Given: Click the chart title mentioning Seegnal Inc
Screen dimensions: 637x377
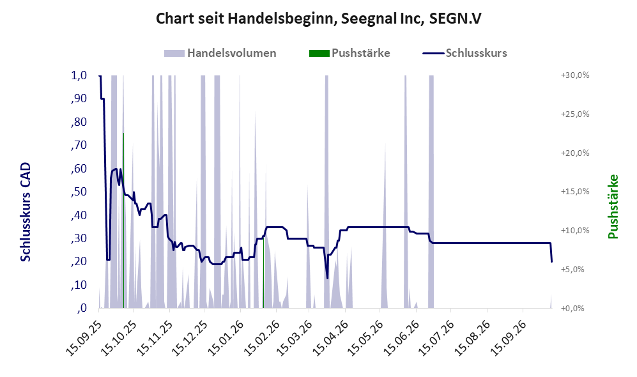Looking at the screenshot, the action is [x=318, y=19].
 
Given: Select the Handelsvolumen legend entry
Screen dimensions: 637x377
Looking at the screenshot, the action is [x=220, y=53].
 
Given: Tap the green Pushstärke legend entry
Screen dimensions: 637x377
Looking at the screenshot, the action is [x=349, y=53].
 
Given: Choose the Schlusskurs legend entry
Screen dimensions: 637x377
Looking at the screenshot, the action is [x=464, y=53].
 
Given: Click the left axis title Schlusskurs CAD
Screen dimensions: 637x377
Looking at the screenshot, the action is [x=26, y=212].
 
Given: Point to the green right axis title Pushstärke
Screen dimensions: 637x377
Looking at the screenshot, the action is [x=613, y=207].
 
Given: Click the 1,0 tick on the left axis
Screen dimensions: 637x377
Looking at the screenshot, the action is [x=79, y=75].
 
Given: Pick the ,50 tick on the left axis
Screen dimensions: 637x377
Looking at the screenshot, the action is [x=79, y=192].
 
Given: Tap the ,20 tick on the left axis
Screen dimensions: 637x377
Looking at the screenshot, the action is [x=79, y=261].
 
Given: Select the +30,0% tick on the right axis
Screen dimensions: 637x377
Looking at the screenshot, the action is [x=575, y=75].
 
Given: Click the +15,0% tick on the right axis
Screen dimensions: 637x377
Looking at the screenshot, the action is [x=575, y=191].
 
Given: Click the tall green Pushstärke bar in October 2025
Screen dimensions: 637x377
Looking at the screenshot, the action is [x=123, y=220].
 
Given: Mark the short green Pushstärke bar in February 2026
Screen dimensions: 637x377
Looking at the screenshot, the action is [x=263, y=273].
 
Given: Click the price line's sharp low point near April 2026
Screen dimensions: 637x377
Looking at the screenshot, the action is [x=327, y=279].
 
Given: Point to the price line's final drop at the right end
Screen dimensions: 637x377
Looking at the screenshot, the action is [x=551, y=252].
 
